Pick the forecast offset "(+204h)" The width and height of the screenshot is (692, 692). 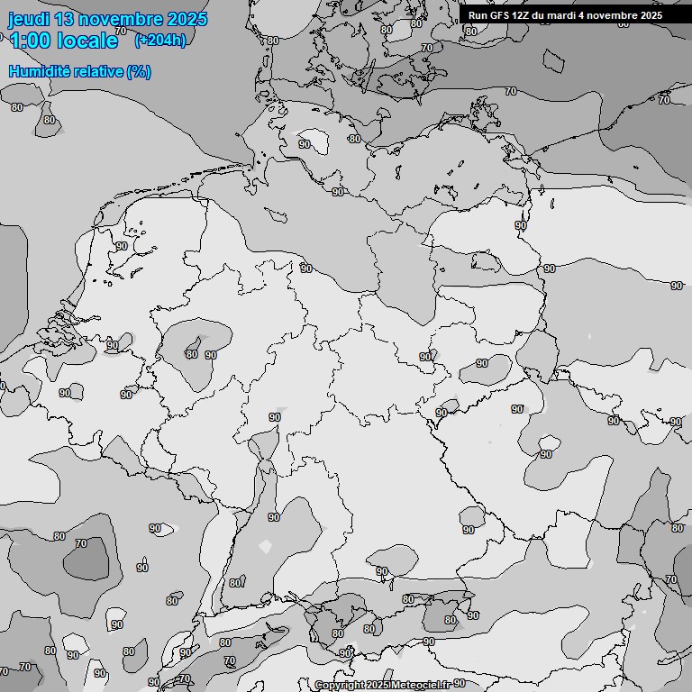tap(159, 41)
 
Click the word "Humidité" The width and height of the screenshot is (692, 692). tap(41, 71)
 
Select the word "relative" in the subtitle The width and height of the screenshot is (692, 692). tap(99, 71)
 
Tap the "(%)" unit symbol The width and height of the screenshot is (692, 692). tap(139, 71)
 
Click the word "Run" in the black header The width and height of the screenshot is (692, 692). tap(478, 15)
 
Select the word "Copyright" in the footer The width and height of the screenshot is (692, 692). tap(339, 685)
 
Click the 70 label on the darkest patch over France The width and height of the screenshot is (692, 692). tap(81, 543)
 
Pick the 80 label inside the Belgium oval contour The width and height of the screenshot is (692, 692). tap(191, 354)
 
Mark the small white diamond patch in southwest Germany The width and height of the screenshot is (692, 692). tap(264, 546)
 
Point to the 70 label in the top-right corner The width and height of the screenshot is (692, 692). tap(664, 99)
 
